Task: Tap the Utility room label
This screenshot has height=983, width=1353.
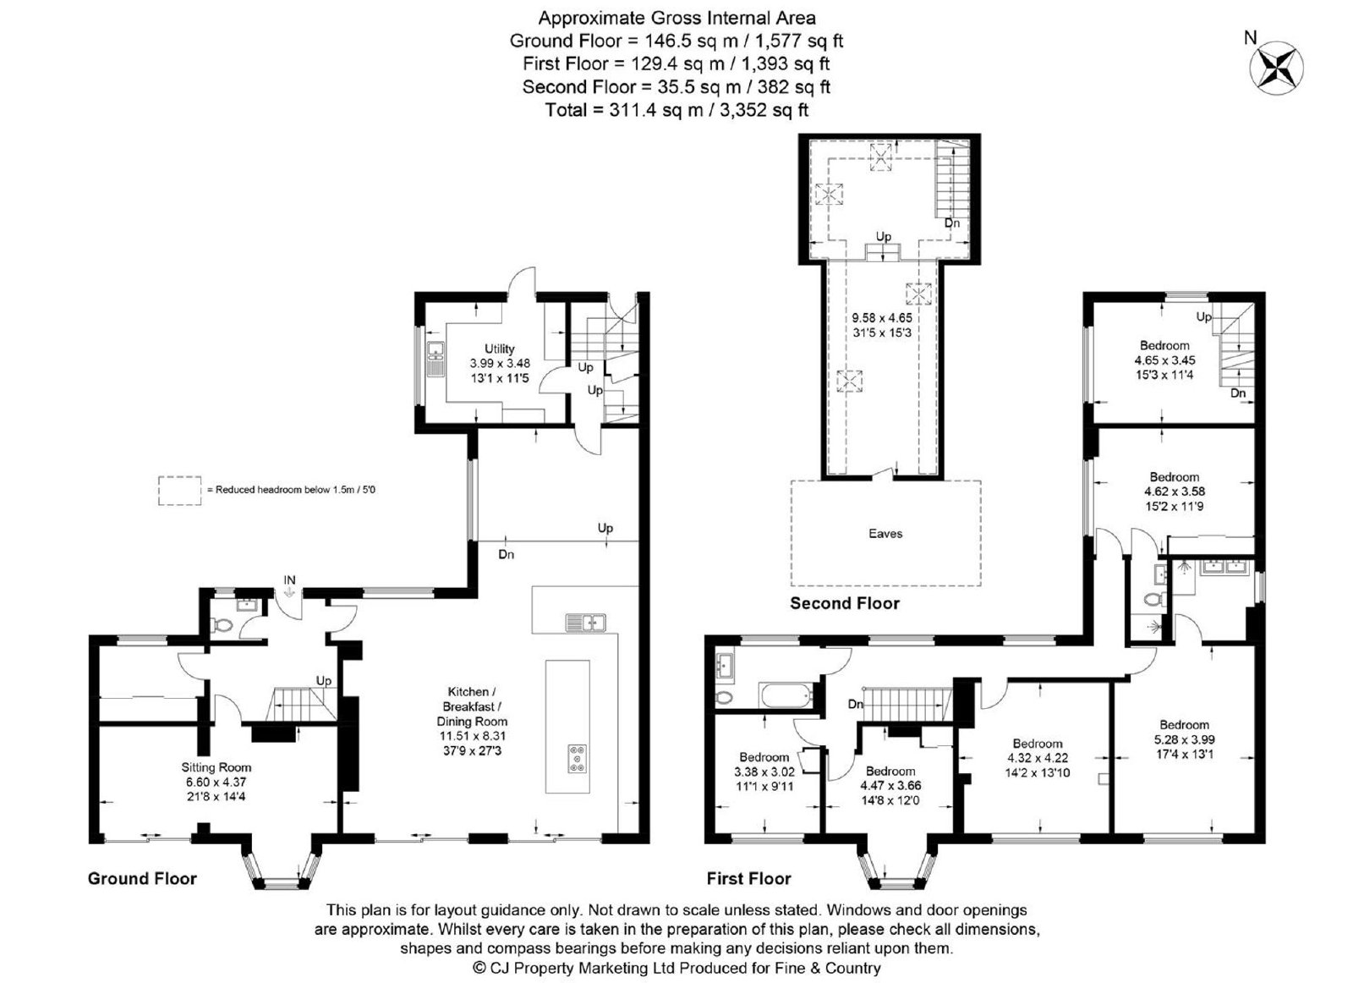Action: [x=500, y=349]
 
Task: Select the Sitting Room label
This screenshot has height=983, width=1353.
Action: [x=216, y=767]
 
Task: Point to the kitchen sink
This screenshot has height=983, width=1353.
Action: [x=586, y=622]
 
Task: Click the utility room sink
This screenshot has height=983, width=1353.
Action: [x=435, y=359]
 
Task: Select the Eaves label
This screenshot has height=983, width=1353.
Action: [x=885, y=534]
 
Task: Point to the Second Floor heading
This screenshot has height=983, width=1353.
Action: [x=845, y=603]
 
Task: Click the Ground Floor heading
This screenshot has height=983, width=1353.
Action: [x=143, y=878]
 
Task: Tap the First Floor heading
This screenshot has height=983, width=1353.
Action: [x=749, y=878]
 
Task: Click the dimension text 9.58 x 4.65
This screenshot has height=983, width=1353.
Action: [x=882, y=318]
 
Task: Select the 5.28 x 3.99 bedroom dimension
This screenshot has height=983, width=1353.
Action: [x=1185, y=739]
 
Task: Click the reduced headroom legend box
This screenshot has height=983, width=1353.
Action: [x=180, y=491]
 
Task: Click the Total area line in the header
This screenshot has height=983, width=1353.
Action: [x=676, y=110]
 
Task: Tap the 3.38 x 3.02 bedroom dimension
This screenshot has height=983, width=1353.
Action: [x=764, y=772]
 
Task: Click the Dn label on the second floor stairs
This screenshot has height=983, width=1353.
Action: [x=952, y=223]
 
